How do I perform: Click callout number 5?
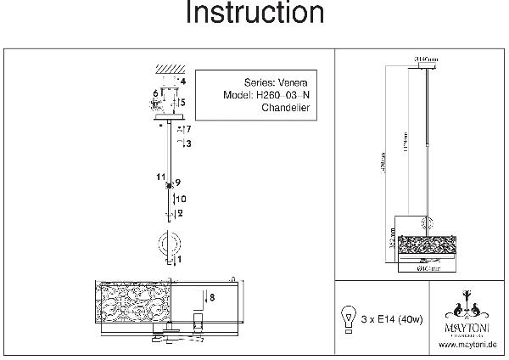click(182, 102)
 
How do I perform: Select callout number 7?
click(187, 129)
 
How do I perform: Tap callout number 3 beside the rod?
click(187, 144)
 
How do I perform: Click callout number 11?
click(159, 177)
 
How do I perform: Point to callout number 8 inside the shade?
click(213, 297)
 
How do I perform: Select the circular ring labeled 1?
click(168, 245)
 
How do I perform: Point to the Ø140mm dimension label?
click(425, 59)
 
